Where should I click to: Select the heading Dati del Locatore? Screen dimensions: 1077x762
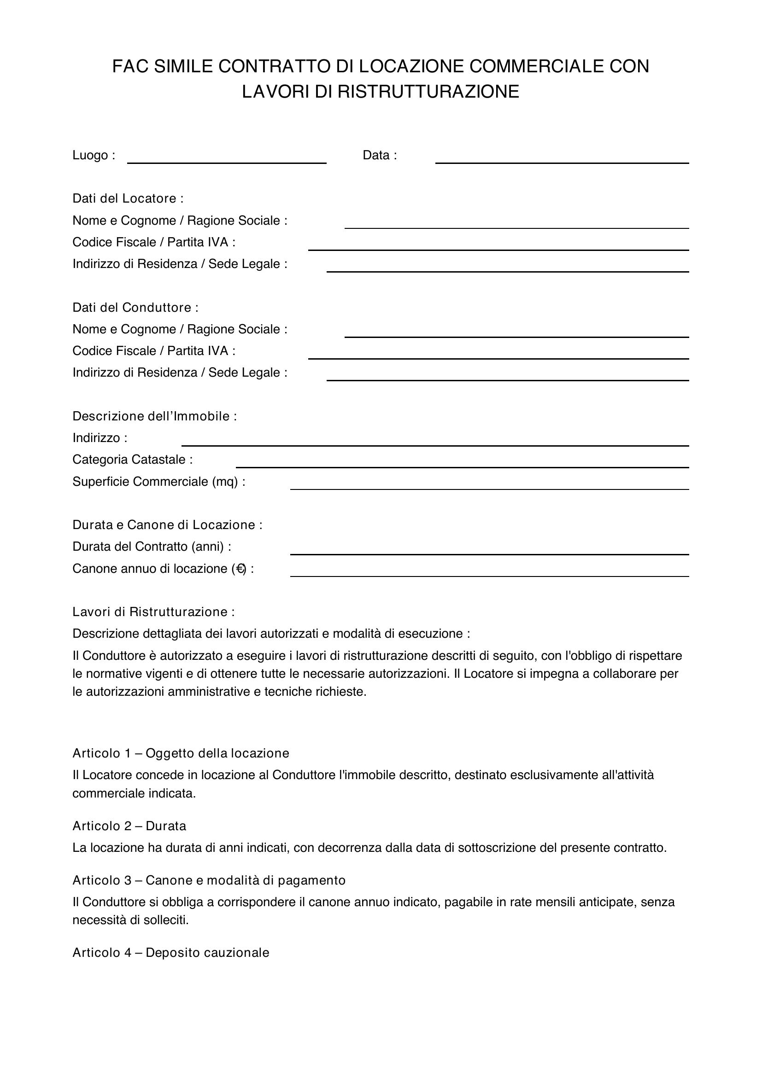point(128,198)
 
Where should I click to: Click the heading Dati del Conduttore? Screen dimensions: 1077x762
point(135,308)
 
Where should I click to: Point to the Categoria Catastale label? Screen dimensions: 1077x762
point(132,460)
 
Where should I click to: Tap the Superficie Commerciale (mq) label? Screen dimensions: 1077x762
point(158,482)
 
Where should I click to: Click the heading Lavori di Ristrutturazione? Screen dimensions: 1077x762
point(153,612)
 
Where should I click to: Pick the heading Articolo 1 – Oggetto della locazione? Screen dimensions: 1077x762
point(181,753)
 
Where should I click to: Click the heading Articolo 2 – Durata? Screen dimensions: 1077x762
point(129,826)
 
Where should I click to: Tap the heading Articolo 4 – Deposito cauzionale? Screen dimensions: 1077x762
point(171,953)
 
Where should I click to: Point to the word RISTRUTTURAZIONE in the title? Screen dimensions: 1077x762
point(428,92)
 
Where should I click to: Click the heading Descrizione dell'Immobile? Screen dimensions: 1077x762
point(154,417)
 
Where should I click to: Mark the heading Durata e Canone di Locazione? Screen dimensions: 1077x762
point(167,525)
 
